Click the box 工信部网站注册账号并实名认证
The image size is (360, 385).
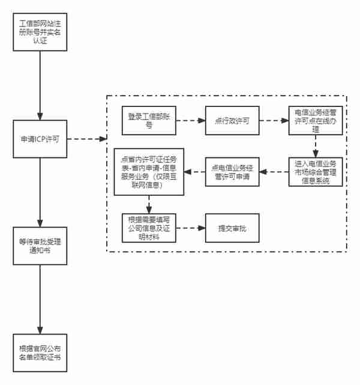click(x=40, y=32)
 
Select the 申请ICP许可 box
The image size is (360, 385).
click(x=40, y=139)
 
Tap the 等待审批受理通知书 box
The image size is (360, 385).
click(x=40, y=246)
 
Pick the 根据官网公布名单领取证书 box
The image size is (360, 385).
click(x=40, y=353)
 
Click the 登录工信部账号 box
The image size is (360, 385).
click(x=149, y=121)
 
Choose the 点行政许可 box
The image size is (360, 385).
click(x=232, y=121)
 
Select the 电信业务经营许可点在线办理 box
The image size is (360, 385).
click(x=316, y=121)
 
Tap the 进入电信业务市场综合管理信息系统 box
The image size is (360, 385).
click(x=316, y=172)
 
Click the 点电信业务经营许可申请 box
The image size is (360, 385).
click(x=232, y=172)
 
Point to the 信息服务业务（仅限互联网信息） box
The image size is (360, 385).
click(x=149, y=172)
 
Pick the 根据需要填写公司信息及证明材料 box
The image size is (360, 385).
click(x=149, y=228)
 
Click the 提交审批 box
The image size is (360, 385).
click(x=232, y=228)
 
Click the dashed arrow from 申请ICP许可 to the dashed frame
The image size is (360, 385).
click(x=87, y=139)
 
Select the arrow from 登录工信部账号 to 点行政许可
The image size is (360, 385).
click(x=191, y=121)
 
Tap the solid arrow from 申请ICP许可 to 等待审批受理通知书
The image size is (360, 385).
click(x=40, y=192)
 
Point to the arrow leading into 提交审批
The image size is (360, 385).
click(x=191, y=228)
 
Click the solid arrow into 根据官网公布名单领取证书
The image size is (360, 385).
click(x=40, y=299)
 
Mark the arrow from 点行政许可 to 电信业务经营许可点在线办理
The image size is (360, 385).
click(x=274, y=121)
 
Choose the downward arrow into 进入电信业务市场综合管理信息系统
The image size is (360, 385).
click(x=316, y=147)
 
